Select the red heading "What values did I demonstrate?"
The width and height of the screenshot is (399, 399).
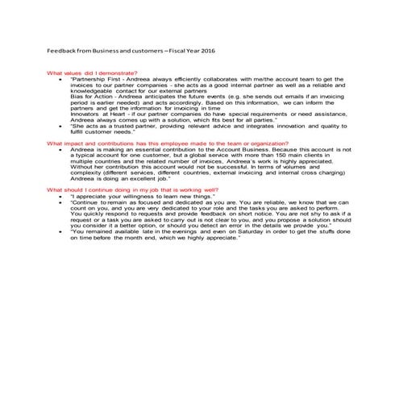coord(92,73)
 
